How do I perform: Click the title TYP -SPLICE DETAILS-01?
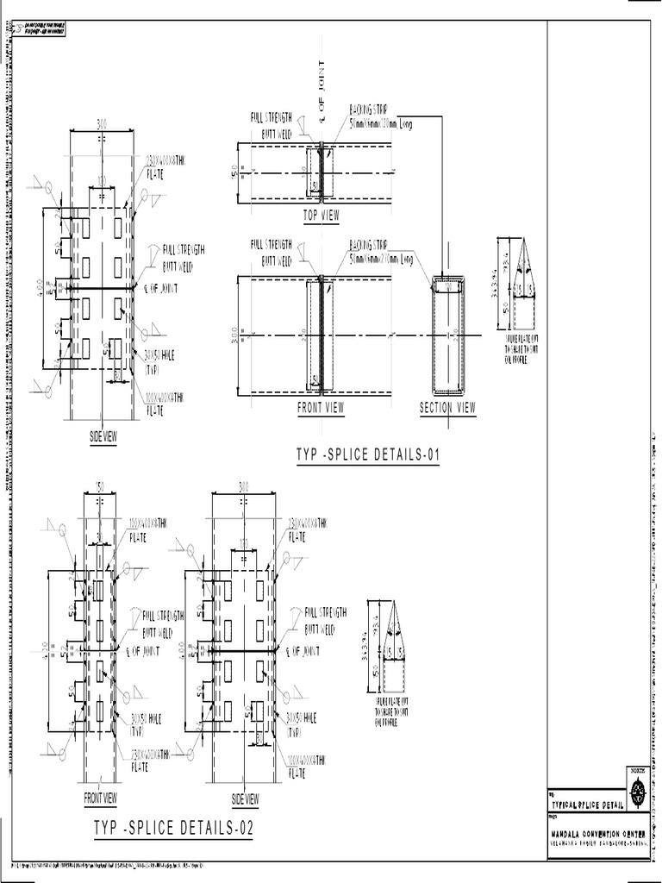pyautogui.click(x=368, y=454)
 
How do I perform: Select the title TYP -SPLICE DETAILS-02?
pyautogui.click(x=175, y=829)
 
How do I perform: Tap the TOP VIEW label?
pyautogui.click(x=322, y=216)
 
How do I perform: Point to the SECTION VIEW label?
pyautogui.click(x=447, y=408)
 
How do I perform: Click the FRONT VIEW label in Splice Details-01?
pyautogui.click(x=322, y=408)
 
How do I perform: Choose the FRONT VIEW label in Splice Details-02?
pyautogui.click(x=101, y=798)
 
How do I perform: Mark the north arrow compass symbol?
pyautogui.click(x=637, y=788)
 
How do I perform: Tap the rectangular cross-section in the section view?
pyautogui.click(x=447, y=335)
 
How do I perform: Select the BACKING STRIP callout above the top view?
pyautogui.click(x=379, y=116)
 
